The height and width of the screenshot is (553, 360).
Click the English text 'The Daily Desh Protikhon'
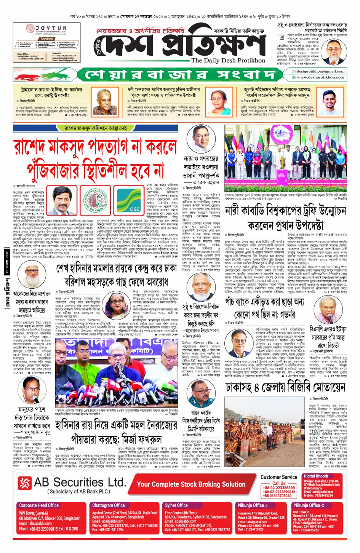point(228,61)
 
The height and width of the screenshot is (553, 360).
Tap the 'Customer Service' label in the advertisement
point(279,477)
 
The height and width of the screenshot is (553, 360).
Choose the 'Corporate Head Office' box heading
point(39,505)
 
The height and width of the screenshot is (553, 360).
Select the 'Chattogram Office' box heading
point(109,505)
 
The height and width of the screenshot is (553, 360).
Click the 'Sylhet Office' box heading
point(176,505)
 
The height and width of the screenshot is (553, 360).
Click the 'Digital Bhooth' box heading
point(316,476)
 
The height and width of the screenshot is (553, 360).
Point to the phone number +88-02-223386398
point(279,488)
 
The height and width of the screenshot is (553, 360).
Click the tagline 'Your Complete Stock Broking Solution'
point(191,484)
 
